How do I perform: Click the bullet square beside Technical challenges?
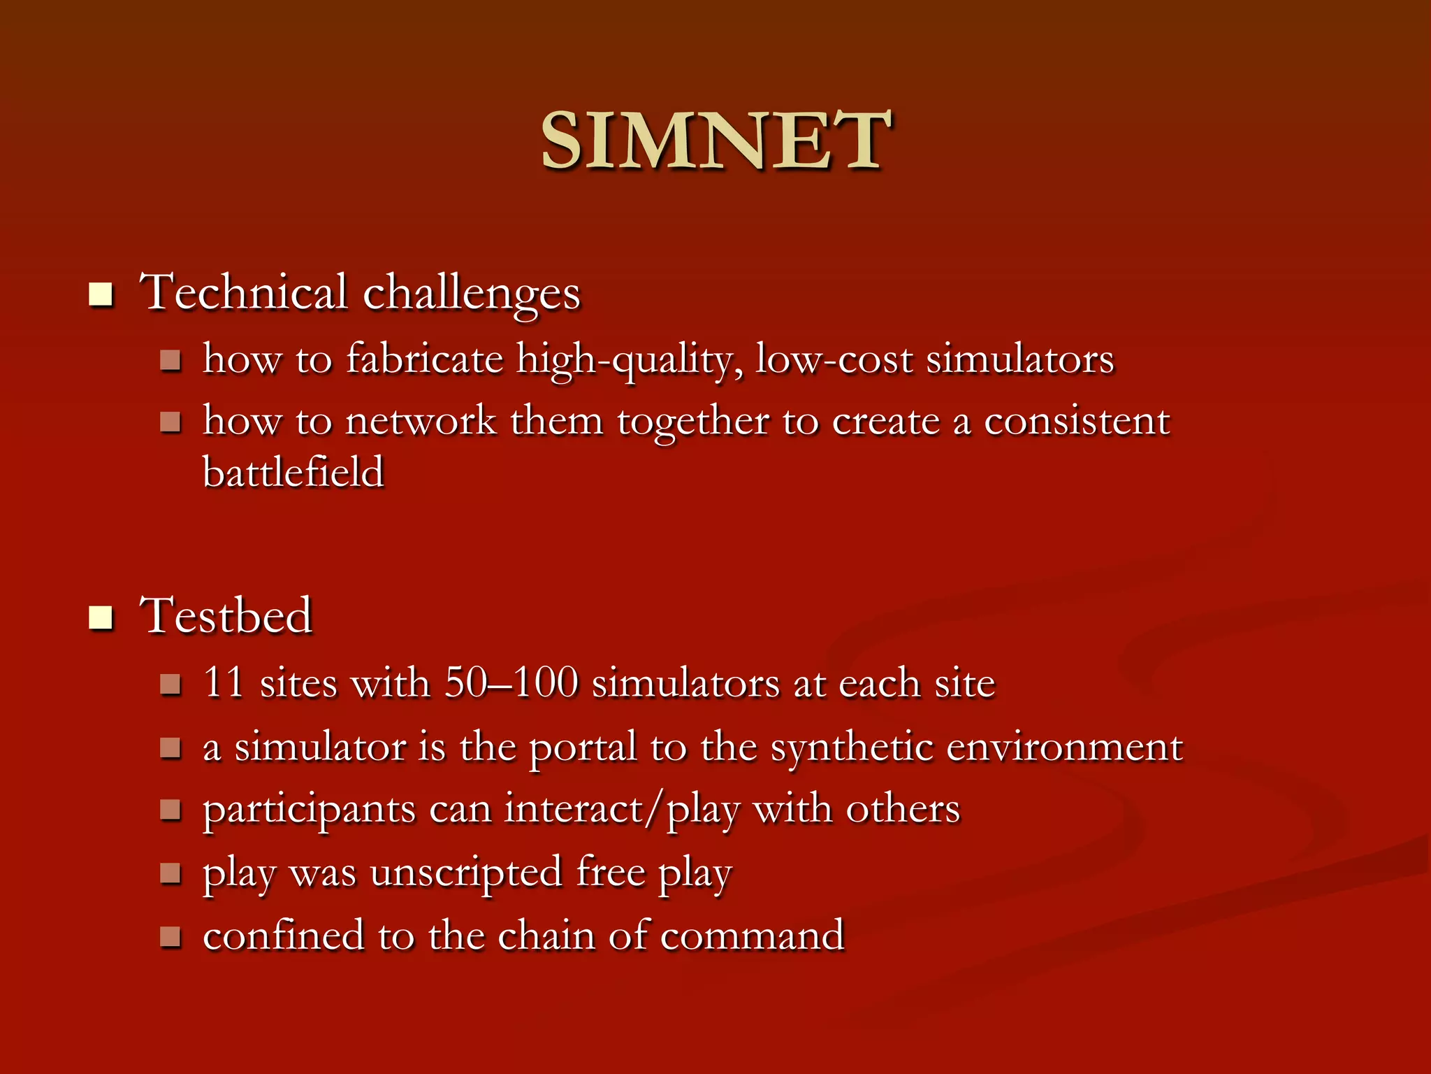(101, 294)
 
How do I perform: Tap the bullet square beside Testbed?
(101, 617)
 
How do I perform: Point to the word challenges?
(472, 294)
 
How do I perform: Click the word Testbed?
(226, 615)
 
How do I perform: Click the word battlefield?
(293, 471)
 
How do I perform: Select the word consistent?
(1077, 421)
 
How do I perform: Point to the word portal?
(583, 747)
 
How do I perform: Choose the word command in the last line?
(753, 936)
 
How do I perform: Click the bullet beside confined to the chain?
(170, 936)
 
